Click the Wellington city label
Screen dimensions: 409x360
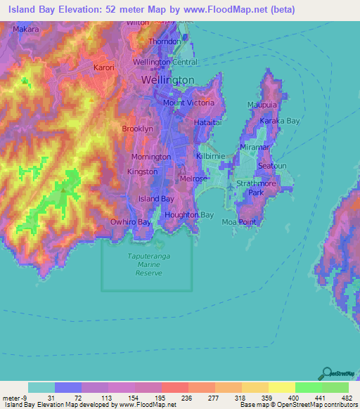coord(167,81)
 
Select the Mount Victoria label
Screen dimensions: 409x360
coord(188,103)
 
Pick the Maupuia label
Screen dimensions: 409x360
coord(262,105)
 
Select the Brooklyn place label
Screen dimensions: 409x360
coord(137,129)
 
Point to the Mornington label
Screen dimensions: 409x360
coord(150,157)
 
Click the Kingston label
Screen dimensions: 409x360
coord(142,171)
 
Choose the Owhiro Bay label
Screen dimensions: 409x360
coord(130,222)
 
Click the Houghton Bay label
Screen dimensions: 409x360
coord(188,215)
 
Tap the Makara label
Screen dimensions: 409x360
coord(25,30)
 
